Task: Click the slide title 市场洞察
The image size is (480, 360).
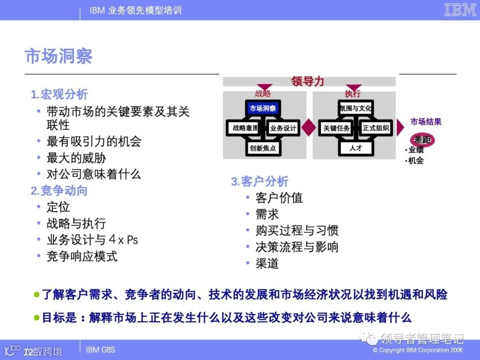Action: pos(59,56)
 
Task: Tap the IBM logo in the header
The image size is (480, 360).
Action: pos(460,10)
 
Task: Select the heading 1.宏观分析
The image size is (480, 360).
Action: pos(59,94)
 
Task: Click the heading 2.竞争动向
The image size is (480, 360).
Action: pos(59,191)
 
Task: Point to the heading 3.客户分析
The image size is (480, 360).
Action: pos(260,181)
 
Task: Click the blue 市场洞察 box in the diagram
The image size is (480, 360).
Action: pos(263,108)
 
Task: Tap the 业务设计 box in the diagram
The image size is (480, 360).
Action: pos(283,128)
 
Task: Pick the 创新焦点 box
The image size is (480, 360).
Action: pos(263,148)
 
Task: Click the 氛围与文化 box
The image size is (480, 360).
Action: pos(356,108)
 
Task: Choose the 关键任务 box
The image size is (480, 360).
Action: pos(336,128)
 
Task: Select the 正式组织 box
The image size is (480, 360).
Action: pos(376,128)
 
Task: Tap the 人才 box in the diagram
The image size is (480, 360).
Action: pos(356,148)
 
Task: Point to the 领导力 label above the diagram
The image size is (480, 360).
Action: pos(308,81)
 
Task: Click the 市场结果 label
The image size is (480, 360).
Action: pos(426,122)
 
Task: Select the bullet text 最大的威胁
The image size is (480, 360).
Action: pos(76,158)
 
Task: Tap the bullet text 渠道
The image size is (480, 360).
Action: pos(267,263)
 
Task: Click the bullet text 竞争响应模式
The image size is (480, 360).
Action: pos(82,256)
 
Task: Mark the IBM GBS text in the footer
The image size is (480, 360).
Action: pos(100,350)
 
